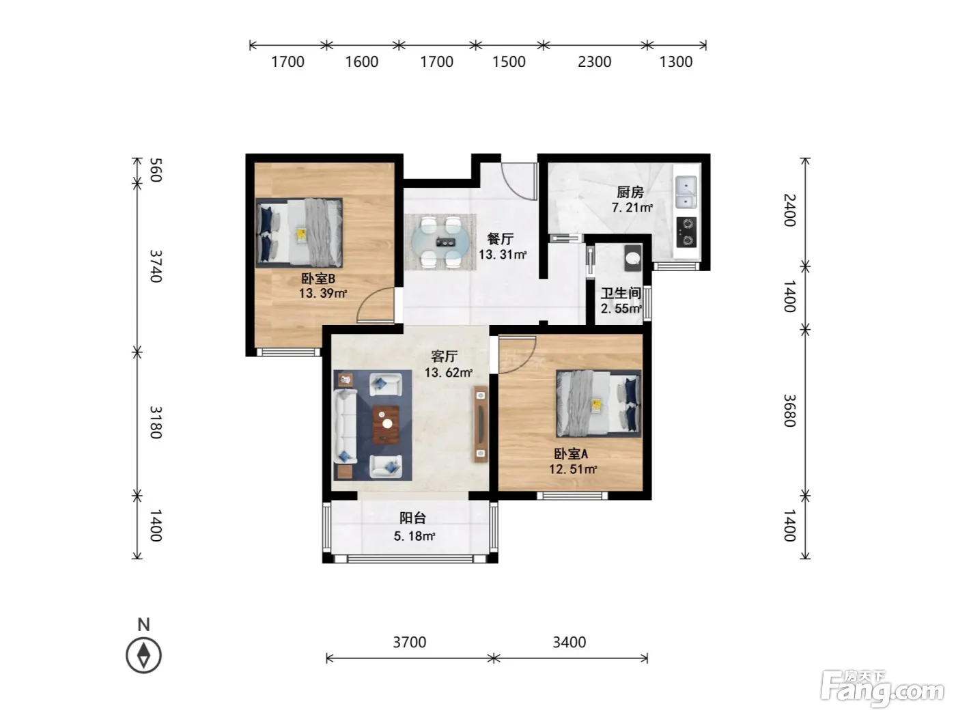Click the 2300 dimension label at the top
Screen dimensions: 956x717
click(594, 62)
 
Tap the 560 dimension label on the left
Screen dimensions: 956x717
click(156, 170)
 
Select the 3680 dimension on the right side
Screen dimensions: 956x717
click(789, 410)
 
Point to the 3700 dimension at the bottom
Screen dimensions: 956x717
click(410, 642)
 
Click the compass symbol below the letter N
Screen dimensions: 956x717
click(143, 655)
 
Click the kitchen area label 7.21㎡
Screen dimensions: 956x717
click(632, 208)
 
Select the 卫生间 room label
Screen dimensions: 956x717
click(621, 293)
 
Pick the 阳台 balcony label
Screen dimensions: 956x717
click(412, 518)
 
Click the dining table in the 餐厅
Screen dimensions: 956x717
click(441, 242)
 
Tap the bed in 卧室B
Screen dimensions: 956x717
click(299, 232)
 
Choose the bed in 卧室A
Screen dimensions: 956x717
click(598, 404)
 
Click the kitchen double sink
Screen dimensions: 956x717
click(686, 192)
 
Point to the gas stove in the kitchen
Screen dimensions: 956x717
click(686, 231)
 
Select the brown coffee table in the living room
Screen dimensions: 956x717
click(385, 425)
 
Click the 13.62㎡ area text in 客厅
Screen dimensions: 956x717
click(449, 373)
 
